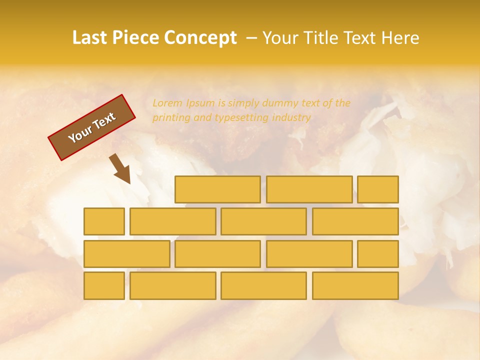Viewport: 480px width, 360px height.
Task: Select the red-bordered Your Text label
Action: (x=92, y=127)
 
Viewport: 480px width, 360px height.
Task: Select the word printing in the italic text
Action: (x=170, y=118)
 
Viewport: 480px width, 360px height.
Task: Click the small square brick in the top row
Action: (x=377, y=189)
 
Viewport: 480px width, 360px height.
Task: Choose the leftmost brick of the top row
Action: (x=217, y=189)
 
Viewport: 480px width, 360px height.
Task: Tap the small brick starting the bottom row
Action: (x=104, y=285)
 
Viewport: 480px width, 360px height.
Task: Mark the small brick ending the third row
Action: (x=377, y=253)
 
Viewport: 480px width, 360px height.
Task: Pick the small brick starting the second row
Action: (x=104, y=221)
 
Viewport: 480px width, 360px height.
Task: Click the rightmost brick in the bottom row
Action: (x=355, y=285)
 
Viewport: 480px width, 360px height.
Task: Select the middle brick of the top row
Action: (x=309, y=189)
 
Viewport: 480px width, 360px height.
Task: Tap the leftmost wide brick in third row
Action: (x=126, y=253)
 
